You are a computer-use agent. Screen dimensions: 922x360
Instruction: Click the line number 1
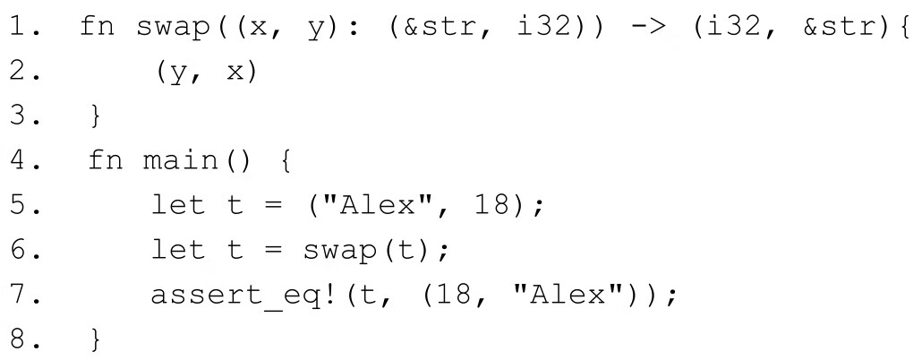pyautogui.click(x=21, y=27)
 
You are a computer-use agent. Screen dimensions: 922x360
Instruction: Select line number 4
pyautogui.click(x=21, y=162)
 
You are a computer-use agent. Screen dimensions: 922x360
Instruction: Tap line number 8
pyautogui.click(x=21, y=339)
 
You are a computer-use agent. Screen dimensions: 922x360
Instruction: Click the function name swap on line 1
pyautogui.click(x=175, y=27)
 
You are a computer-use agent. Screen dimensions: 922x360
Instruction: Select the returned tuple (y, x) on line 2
pyautogui.click(x=205, y=73)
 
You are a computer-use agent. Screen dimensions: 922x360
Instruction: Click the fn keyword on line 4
pyautogui.click(x=106, y=162)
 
